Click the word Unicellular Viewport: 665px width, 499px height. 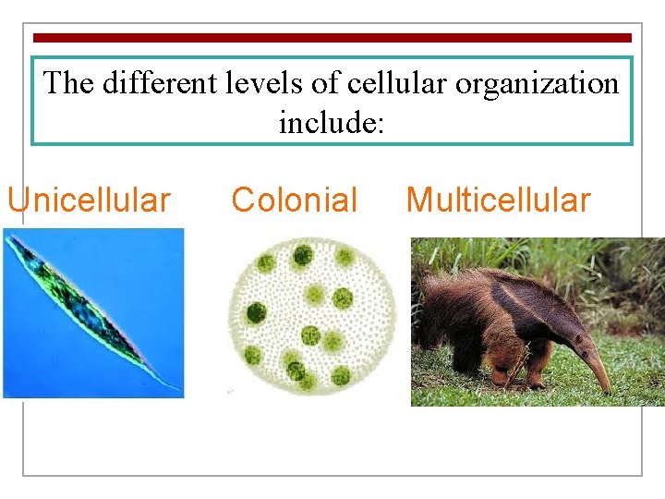click(x=89, y=200)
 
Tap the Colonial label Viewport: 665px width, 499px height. click(x=294, y=200)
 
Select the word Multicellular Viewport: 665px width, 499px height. click(x=498, y=200)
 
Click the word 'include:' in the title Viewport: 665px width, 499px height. click(x=331, y=121)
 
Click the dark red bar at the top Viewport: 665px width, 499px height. click(x=332, y=38)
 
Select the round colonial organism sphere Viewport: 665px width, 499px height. click(x=311, y=315)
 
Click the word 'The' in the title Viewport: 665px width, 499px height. click(x=68, y=83)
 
